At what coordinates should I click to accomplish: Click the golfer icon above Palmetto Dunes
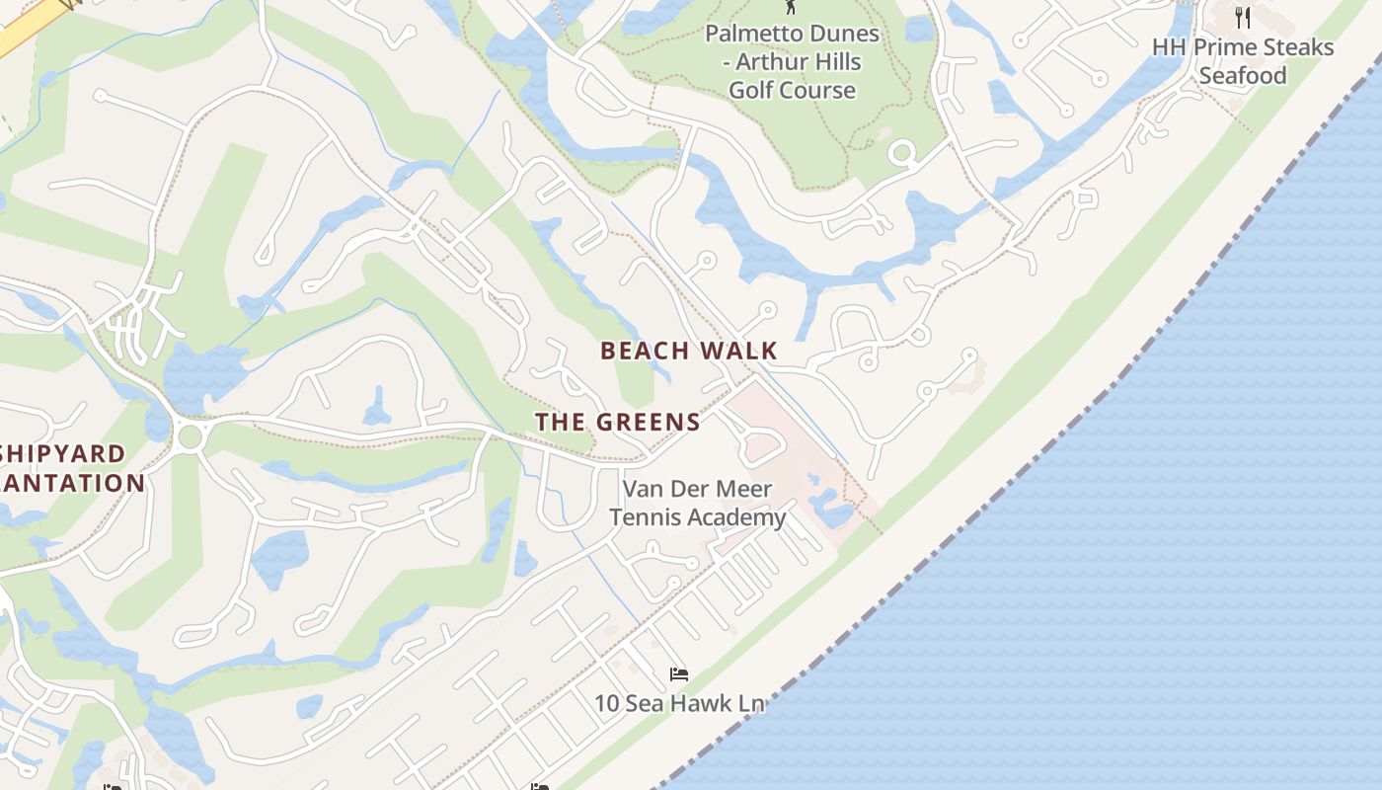pos(790,7)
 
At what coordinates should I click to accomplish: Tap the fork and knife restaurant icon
pos(1243,17)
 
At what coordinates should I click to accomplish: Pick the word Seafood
pos(1243,76)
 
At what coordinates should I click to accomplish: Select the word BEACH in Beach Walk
pos(644,351)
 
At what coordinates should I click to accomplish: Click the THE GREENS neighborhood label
pos(618,423)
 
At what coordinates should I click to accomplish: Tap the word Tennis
pos(644,517)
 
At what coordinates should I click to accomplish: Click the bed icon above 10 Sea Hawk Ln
pos(678,675)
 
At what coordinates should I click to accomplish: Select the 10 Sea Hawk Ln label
pos(679,704)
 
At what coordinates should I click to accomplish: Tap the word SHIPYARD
pos(63,454)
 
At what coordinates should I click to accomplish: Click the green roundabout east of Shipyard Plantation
pos(190,435)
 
